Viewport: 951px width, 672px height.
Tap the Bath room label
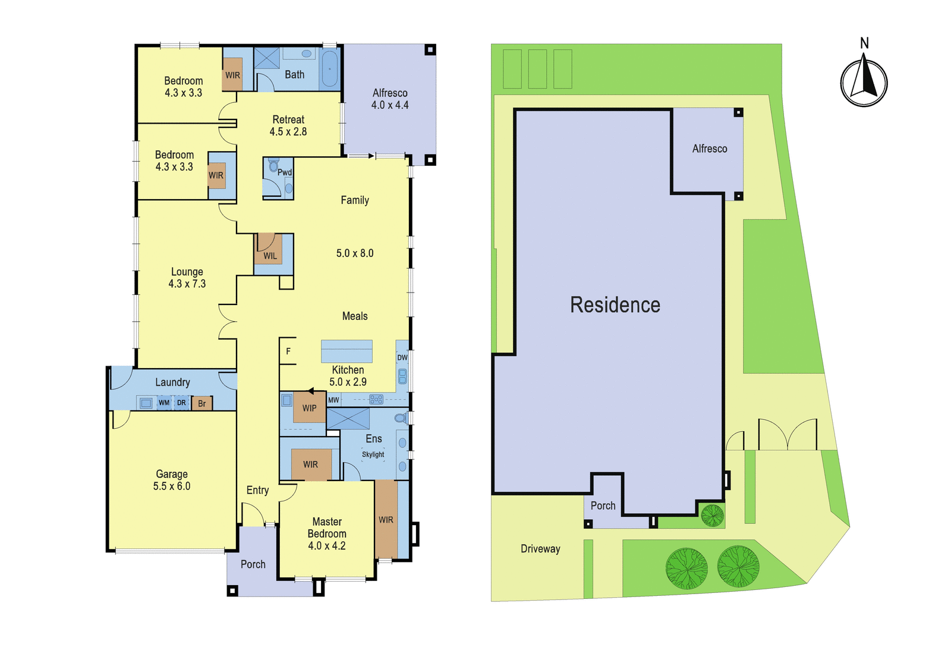coord(295,75)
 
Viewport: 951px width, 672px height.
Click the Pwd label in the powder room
coord(285,172)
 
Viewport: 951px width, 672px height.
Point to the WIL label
coord(270,256)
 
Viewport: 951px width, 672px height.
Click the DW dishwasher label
coord(402,357)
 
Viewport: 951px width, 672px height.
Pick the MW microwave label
coord(333,400)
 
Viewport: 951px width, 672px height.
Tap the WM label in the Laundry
coord(164,403)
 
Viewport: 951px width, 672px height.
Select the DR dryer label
coord(181,403)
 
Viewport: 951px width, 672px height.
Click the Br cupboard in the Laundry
coord(201,403)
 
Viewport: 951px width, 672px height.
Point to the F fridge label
coord(288,351)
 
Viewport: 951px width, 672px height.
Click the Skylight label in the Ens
coord(373,454)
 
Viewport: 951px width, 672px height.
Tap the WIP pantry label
coord(310,408)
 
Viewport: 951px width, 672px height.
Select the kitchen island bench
coord(347,351)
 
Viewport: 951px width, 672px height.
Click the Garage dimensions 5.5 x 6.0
coord(172,486)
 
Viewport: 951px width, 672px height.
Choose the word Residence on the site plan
coord(615,305)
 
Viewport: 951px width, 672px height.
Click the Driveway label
coord(540,549)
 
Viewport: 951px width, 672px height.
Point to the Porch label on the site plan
coord(603,505)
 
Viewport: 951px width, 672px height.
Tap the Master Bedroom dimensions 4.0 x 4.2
coord(327,546)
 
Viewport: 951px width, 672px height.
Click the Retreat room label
coord(288,120)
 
